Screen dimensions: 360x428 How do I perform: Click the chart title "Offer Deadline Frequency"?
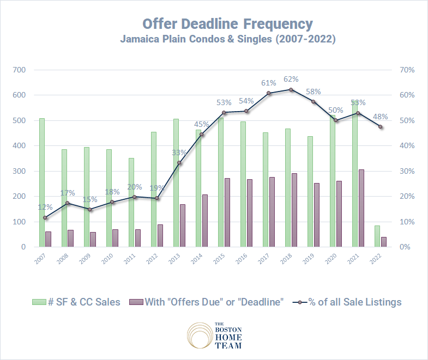[x=227, y=24]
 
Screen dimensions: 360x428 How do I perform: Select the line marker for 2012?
[x=157, y=198]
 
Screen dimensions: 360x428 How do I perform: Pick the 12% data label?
[x=46, y=207]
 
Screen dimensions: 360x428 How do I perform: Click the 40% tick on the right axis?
[x=408, y=146]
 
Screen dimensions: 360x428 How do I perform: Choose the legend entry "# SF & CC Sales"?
[x=76, y=302]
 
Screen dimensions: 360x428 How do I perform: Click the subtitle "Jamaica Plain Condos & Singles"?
[x=227, y=40]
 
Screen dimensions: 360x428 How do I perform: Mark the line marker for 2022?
[x=381, y=127]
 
